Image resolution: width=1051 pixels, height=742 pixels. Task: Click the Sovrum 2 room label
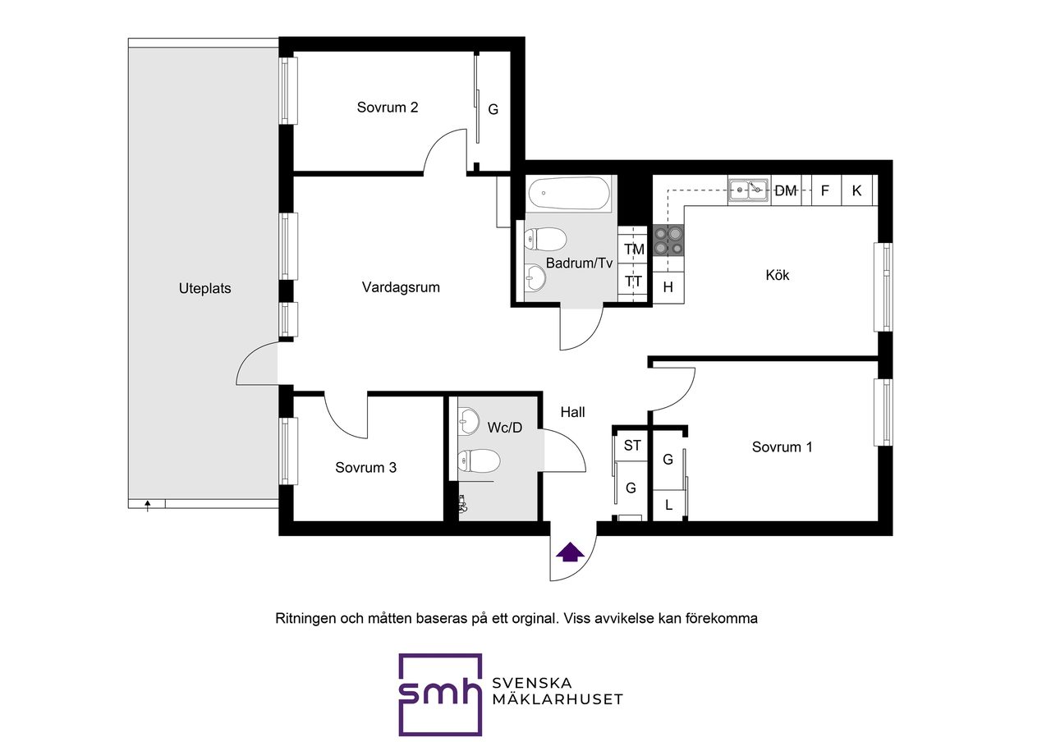[387, 108]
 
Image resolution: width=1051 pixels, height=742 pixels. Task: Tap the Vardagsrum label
[401, 287]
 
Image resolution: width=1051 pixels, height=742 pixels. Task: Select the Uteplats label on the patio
[204, 288]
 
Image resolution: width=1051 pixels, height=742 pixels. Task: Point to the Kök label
[777, 275]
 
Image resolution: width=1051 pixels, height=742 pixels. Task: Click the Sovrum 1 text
[782, 447]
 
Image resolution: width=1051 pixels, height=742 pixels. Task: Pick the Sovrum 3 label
[365, 468]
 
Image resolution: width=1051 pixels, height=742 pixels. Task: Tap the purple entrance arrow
[570, 552]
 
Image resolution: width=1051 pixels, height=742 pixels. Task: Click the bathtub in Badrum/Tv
[569, 193]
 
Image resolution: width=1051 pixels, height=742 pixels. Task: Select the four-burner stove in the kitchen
[668, 240]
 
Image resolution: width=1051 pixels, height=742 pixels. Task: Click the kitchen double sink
[749, 190]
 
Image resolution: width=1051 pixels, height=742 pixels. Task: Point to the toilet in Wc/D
[479, 461]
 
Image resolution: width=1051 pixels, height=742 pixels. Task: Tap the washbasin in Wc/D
[468, 421]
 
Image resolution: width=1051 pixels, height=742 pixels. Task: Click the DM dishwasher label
[786, 191]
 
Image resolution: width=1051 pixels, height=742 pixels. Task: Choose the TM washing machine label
[634, 250]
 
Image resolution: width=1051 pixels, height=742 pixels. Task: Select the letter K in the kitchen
[856, 191]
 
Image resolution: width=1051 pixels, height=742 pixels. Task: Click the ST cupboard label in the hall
[632, 445]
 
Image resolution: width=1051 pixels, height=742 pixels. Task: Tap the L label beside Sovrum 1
[668, 505]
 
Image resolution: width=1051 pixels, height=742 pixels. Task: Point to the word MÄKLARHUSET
[558, 700]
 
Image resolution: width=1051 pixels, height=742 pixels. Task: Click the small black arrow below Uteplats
[147, 506]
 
